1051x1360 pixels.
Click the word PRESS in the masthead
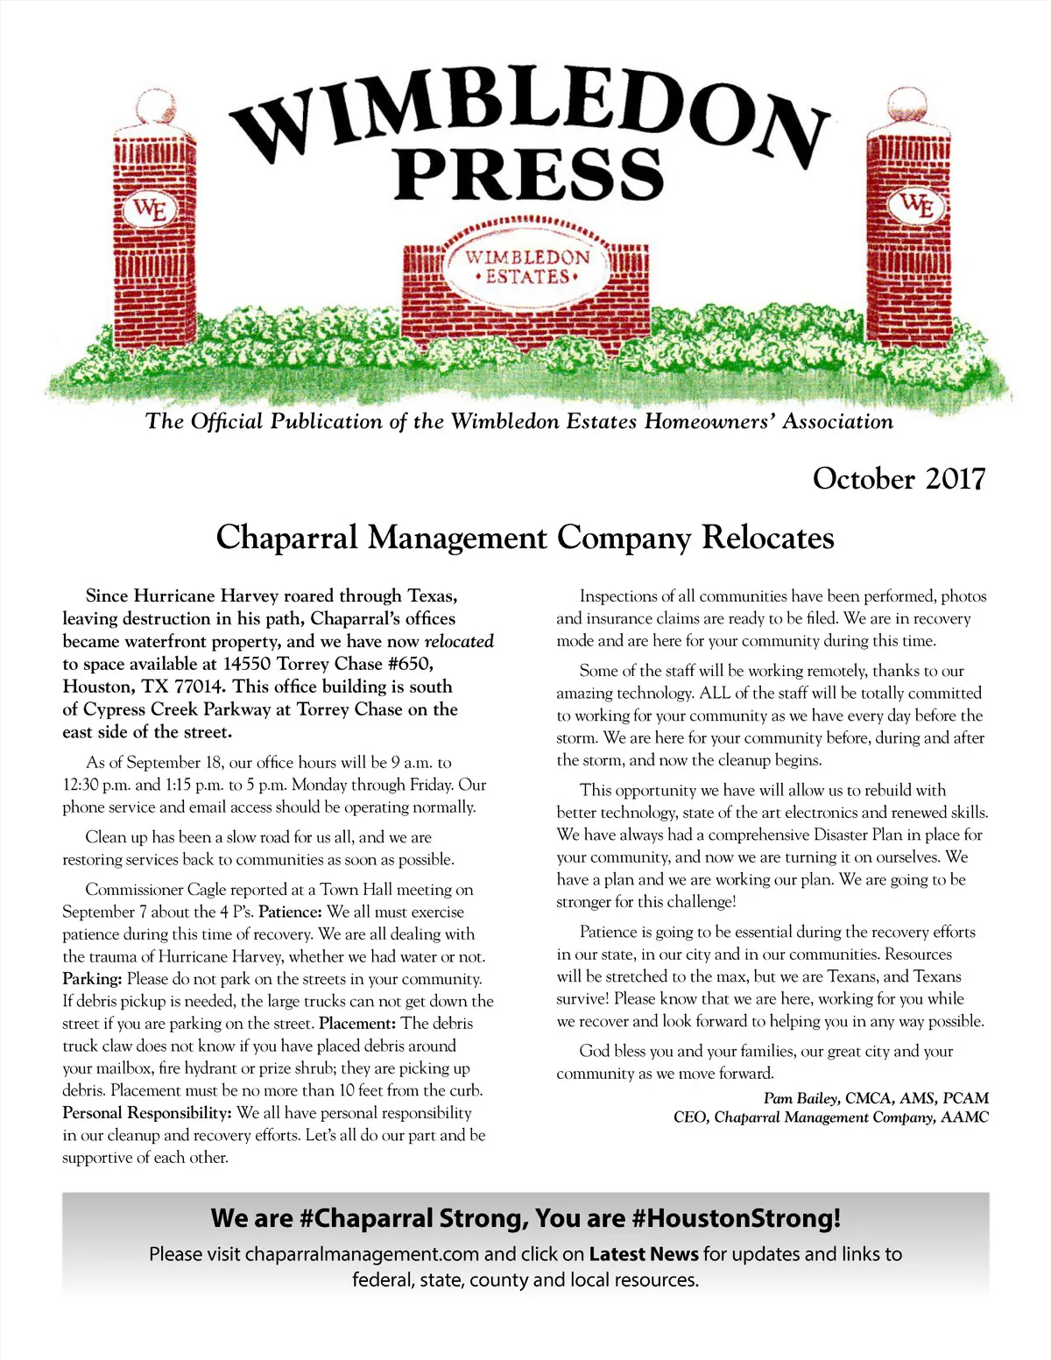coord(529,174)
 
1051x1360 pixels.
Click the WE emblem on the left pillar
coord(151,210)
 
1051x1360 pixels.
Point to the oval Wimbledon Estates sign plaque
coord(527,267)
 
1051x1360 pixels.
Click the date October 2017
coord(899,479)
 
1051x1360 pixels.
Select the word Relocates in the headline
coord(768,537)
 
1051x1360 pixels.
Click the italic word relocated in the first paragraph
coord(459,641)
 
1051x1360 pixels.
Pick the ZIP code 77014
coord(198,687)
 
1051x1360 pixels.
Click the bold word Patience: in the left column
coord(291,912)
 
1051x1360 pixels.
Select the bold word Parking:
coord(92,979)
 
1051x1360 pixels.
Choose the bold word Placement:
coord(358,1024)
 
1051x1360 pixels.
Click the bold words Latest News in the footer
coord(644,1254)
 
